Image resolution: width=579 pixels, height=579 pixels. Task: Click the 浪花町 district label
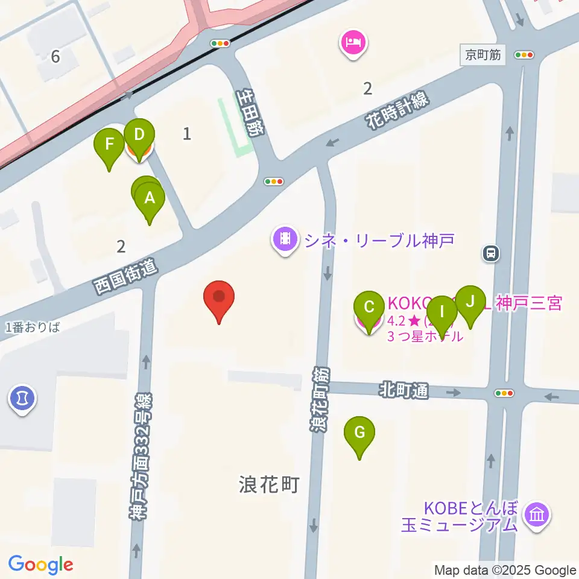[x=269, y=484]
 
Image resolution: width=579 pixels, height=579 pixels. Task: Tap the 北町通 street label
[x=403, y=391]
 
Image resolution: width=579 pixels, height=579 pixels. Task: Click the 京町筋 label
[x=483, y=55]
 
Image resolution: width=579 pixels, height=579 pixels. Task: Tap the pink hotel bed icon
[x=353, y=43]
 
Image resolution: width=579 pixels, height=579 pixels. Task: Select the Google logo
[x=40, y=565]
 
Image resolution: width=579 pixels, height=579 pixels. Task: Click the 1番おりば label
[x=33, y=327]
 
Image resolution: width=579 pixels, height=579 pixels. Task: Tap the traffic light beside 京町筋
[x=525, y=55]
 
